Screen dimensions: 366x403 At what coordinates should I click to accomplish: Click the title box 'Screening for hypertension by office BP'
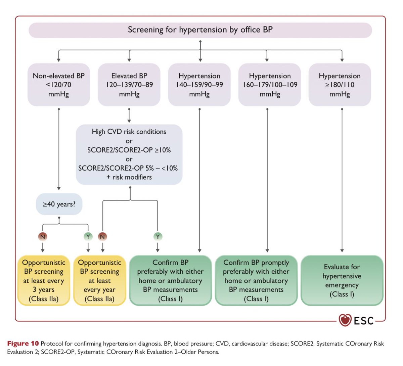point(200,30)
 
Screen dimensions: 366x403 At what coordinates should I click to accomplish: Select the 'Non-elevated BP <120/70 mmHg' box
point(59,85)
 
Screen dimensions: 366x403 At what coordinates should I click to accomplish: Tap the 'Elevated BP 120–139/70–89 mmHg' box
point(129,85)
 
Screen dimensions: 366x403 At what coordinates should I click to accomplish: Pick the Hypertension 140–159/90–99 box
point(199,85)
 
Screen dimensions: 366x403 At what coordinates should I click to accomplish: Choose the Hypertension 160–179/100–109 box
point(270,85)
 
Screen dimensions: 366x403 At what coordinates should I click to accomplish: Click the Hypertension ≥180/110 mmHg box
point(340,85)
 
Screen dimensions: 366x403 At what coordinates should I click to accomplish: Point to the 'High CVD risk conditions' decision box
point(129,154)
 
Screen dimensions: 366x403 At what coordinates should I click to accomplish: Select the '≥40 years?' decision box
point(59,204)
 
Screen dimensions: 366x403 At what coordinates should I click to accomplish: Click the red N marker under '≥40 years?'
point(43,237)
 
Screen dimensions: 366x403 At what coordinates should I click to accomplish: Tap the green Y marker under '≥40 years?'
point(88,237)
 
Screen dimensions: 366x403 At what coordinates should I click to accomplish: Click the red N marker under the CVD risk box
point(102,237)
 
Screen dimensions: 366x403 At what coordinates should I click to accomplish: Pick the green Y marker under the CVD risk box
point(158,237)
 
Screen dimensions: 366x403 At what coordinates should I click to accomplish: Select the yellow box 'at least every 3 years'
point(44,281)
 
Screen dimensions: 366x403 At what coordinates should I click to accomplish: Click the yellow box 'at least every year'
point(99,281)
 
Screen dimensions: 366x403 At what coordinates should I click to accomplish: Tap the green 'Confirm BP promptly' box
point(256,281)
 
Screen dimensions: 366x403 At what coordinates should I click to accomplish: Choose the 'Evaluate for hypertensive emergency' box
point(342,281)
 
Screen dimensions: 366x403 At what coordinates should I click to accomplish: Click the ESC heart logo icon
point(345,320)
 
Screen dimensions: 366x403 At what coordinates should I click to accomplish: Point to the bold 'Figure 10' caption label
point(23,344)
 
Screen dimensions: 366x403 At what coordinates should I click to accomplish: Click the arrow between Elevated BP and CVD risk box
point(129,116)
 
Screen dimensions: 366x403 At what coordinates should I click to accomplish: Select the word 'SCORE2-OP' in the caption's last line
point(58,352)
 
